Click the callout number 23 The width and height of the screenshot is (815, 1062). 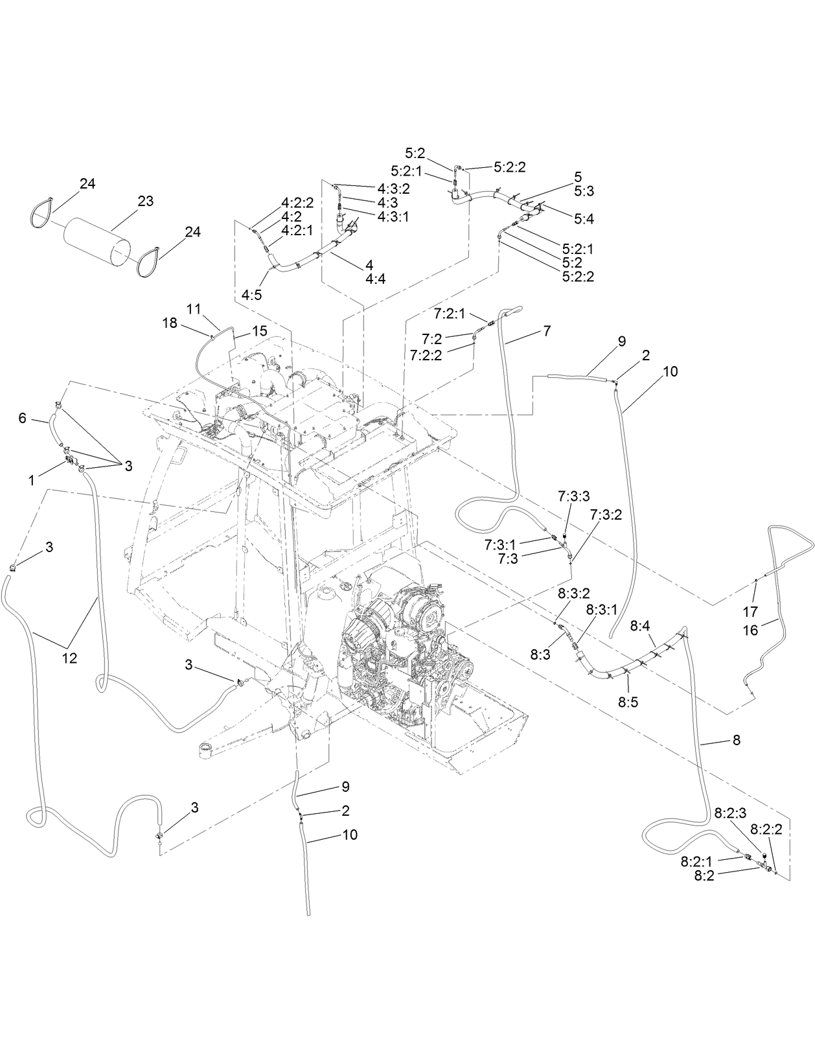pos(146,202)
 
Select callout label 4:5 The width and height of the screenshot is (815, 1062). pos(252,294)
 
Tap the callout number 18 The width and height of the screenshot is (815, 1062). pos(170,323)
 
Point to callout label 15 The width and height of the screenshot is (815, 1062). pos(259,331)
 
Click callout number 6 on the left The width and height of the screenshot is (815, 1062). pos(22,419)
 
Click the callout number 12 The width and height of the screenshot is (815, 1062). pos(69,658)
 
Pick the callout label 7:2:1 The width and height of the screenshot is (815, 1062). pos(450,314)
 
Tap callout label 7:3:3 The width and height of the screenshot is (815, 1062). pos(573,496)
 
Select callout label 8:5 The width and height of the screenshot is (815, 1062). pos(628,702)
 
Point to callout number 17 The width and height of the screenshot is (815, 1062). pos(750,612)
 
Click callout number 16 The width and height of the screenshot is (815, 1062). pos(750,630)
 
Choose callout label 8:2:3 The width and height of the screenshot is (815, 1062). pos(731,812)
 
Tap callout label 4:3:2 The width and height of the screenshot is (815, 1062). pos(393,189)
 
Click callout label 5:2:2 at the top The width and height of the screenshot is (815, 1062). pos(509,167)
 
